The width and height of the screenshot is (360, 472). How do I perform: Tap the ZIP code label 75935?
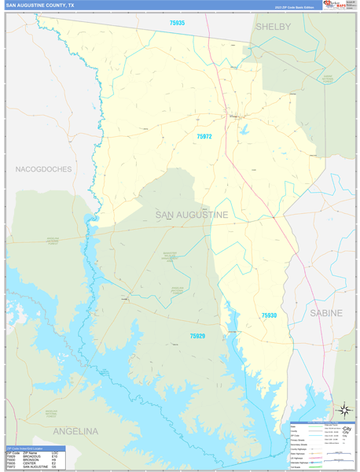point(177,23)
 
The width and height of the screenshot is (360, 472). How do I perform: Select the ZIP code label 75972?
point(204,136)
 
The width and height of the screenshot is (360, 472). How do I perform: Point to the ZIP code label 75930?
point(269,315)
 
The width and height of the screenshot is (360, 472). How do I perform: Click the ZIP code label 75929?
point(197,336)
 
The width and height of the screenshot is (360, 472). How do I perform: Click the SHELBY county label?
point(273,27)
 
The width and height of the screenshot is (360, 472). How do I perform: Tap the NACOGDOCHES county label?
point(43,169)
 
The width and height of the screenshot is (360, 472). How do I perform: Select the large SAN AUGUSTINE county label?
point(192,215)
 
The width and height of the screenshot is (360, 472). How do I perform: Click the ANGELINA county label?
point(75,431)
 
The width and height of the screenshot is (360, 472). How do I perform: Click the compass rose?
point(343,410)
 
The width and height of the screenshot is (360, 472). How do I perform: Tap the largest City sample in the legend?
point(346,428)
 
